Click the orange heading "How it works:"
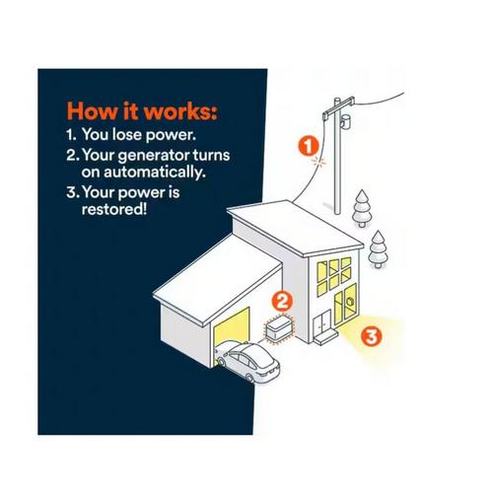[142, 111]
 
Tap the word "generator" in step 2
[154, 156]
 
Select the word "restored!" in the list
[114, 209]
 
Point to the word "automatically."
[144, 172]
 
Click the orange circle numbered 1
[309, 146]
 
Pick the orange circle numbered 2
[282, 302]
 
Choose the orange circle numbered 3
[372, 336]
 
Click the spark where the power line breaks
[318, 162]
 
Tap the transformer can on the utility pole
[345, 121]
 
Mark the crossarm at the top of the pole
[338, 106]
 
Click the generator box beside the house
[279, 327]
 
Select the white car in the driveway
[246, 362]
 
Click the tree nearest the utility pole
[362, 208]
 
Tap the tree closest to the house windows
[378, 249]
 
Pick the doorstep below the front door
[325, 338]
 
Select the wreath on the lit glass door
[350, 302]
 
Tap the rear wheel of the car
[250, 378]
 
